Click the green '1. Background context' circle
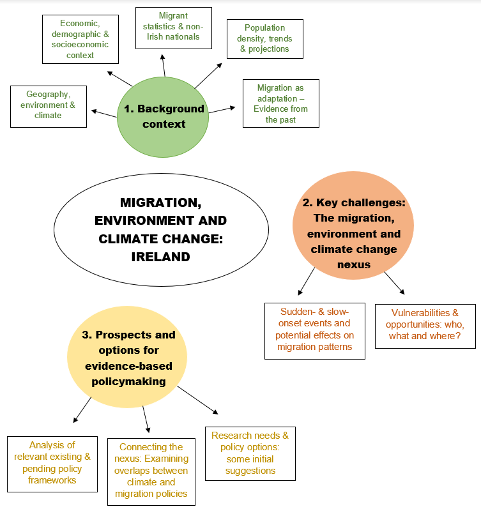(x=164, y=116)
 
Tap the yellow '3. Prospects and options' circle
(x=128, y=358)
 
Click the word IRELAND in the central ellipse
(x=160, y=257)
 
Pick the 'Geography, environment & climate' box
(x=49, y=105)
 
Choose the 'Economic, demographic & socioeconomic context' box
(x=80, y=38)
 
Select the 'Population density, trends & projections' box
(x=264, y=38)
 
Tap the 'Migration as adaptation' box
(x=281, y=103)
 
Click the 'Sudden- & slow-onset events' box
(x=315, y=331)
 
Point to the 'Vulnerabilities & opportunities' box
(x=425, y=326)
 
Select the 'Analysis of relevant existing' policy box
(x=52, y=462)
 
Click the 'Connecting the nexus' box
(x=151, y=471)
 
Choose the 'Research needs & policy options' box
(x=250, y=453)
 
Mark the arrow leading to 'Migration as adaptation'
(x=224, y=110)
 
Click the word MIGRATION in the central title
(x=160, y=203)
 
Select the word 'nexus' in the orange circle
(x=355, y=264)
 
